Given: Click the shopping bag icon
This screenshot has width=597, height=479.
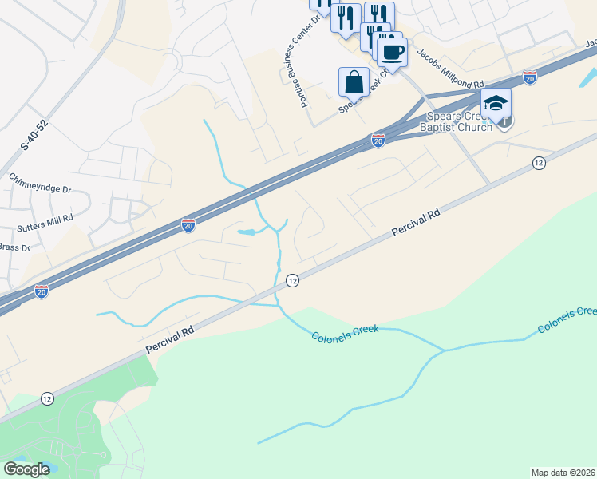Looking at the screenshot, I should pos(354,81).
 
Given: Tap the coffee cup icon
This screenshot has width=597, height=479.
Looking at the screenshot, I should pos(392,53).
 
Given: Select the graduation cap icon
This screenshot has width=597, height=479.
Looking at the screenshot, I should pos(495,103).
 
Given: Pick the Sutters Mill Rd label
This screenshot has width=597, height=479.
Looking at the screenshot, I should pos(45,217).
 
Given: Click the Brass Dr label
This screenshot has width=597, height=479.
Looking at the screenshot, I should pos(14,248).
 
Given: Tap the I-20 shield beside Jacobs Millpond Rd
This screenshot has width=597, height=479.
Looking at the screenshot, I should pos(529,77).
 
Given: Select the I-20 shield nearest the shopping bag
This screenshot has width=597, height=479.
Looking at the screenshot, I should pos(378,141).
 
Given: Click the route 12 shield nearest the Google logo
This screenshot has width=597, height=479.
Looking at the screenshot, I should pos(48,398).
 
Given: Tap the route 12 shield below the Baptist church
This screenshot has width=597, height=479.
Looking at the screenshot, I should pos(539,163).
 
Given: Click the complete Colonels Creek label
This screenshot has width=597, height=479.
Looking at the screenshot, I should pos(344,334).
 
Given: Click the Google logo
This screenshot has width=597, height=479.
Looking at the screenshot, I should pos(27,469).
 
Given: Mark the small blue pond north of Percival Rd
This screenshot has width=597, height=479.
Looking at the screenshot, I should pos(246,232).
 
